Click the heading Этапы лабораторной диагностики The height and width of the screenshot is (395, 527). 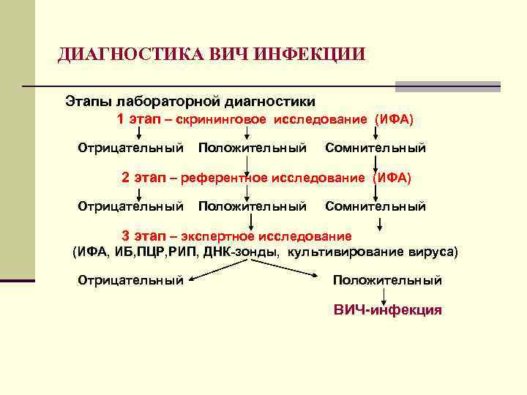190,100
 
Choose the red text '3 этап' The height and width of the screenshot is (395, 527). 144,236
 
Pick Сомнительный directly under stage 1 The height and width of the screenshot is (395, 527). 375,148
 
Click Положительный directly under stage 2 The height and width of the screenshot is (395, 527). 252,207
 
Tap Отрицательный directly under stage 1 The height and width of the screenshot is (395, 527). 130,148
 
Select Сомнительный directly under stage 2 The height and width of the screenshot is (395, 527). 375,207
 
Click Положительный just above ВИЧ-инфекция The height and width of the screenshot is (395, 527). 387,280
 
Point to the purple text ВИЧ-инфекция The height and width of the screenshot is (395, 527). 387,309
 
